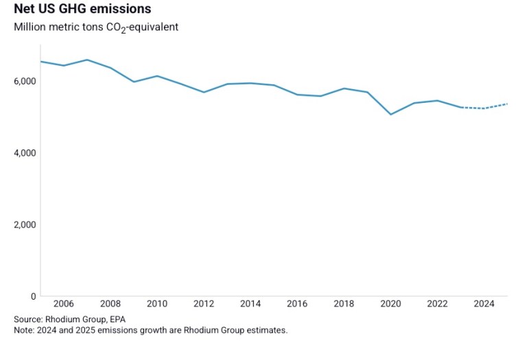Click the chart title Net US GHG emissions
pos(82,10)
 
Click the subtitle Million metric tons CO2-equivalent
pos(96,27)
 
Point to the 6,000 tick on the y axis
pos(24,81)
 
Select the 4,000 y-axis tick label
pos(24,153)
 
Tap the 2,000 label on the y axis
pos(24,224)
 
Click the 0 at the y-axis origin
pos(33,296)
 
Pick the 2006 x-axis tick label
pos(64,304)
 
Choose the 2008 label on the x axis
pos(110,304)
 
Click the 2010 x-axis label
pos(157,304)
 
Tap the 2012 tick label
pos(204,304)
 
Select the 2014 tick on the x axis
pos(250,304)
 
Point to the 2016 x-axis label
pos(297,304)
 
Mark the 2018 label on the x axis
pos(344,304)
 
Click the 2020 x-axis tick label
pos(390,304)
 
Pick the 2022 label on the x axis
pos(437,304)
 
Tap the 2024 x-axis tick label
pos(484,304)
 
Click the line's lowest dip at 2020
pos(390,115)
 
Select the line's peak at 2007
pos(87,60)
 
